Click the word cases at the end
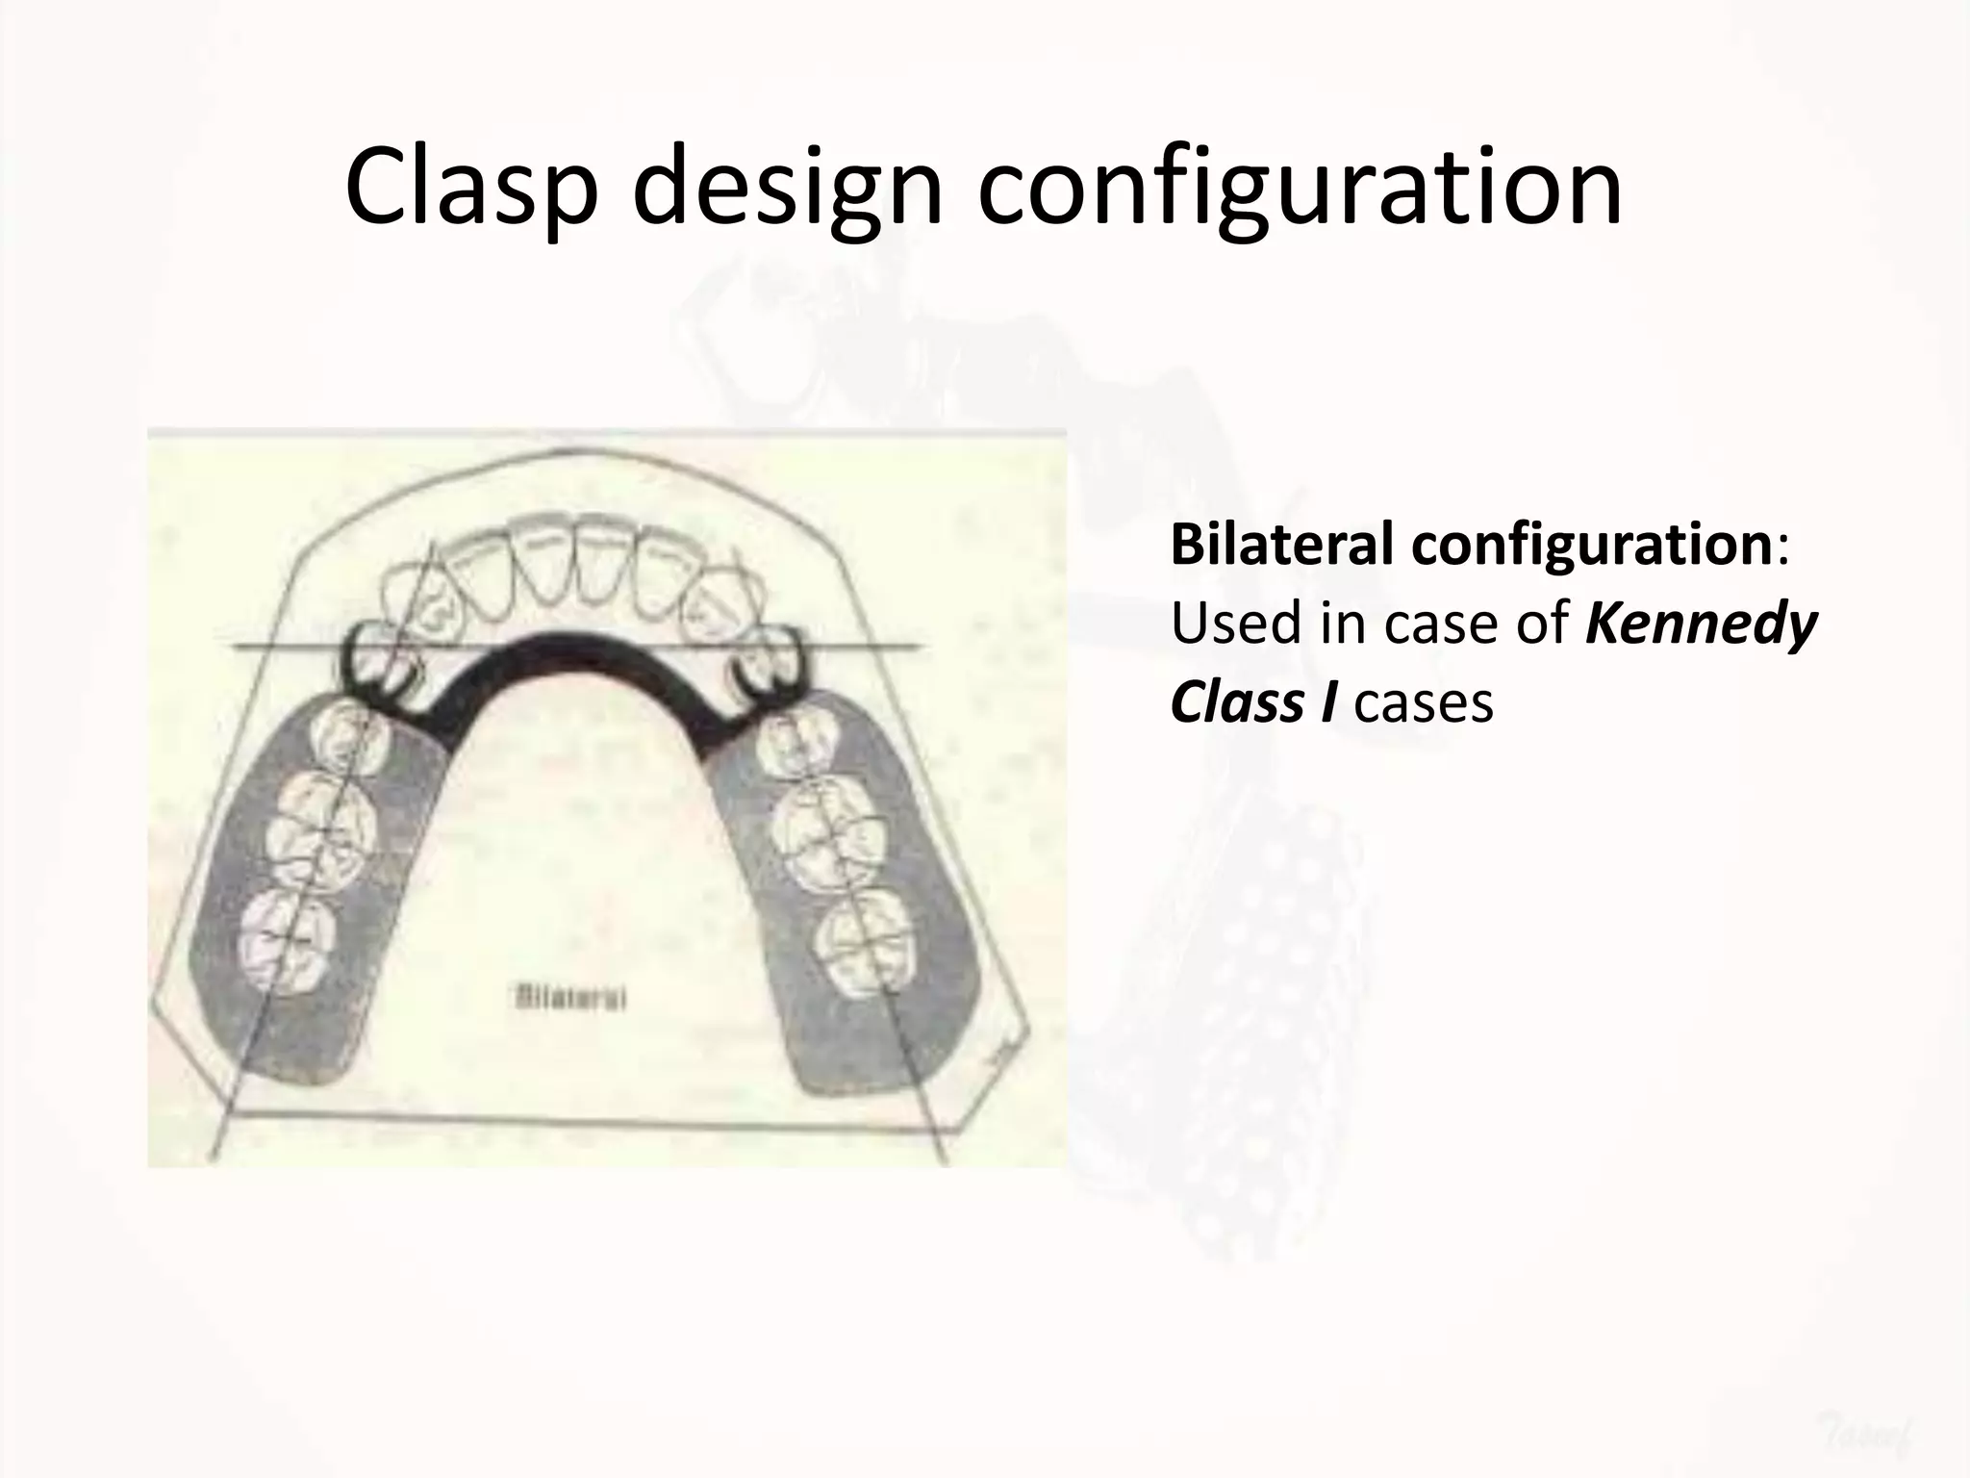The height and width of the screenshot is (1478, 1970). click(x=1424, y=702)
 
